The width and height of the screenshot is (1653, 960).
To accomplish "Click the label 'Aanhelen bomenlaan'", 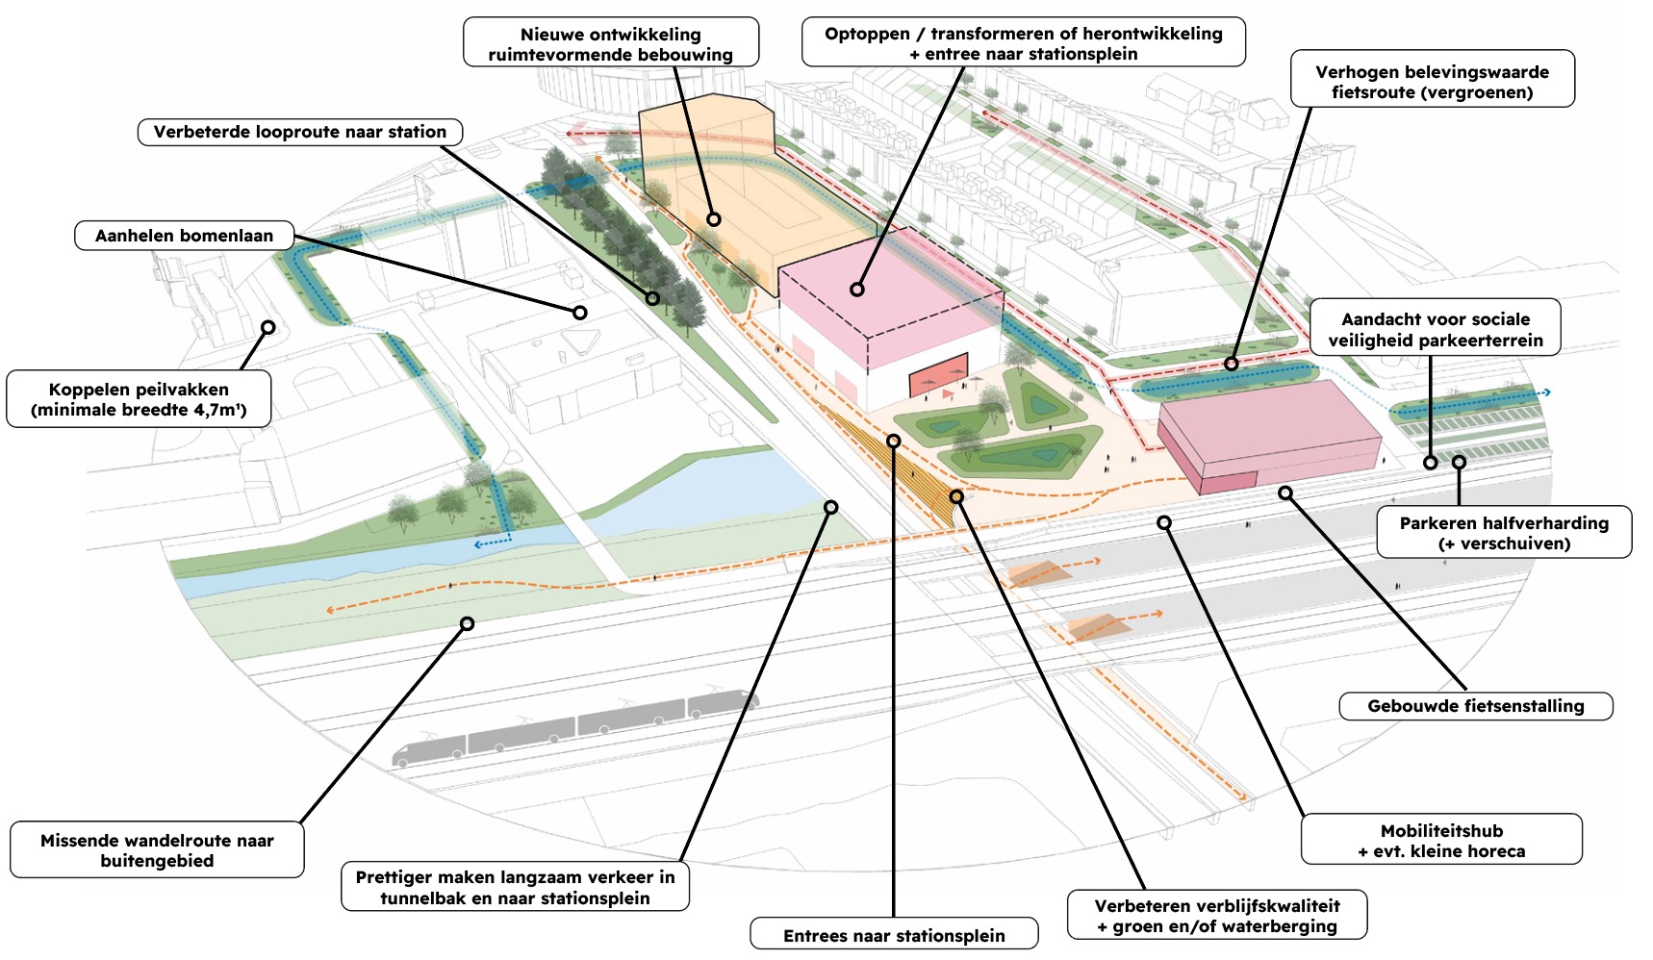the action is point(184,236).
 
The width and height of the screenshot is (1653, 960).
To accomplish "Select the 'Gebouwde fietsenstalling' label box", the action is point(1475,706).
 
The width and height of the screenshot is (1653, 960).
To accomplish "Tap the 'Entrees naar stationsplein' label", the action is point(894,935).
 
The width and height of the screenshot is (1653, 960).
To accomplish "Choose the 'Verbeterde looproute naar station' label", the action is point(299,132).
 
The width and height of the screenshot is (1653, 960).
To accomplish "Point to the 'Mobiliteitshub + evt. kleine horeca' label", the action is point(1441,840).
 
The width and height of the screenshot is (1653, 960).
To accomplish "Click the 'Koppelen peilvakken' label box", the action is point(139,399).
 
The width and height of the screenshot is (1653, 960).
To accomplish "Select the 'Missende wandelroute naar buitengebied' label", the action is point(157,849).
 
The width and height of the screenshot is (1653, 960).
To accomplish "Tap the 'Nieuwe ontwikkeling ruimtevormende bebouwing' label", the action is point(610,43).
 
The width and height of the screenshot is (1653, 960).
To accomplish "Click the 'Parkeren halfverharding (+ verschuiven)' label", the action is point(1504,532).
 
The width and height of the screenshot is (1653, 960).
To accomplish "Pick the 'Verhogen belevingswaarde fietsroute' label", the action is point(1432,81).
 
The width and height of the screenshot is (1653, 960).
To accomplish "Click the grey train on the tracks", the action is point(574,727).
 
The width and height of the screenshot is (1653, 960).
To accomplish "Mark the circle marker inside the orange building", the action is point(713,219).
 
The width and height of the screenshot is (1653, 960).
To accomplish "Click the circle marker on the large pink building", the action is point(856,289).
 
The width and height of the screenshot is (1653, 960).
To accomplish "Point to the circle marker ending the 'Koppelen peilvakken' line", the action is point(268,327).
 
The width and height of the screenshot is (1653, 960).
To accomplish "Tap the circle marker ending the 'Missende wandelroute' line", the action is point(467,623).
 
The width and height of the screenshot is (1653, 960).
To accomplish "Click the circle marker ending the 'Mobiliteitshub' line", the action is point(1164,522).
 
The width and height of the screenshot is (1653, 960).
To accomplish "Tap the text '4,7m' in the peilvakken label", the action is point(216,411).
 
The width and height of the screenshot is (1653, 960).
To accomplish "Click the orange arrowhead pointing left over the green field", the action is point(330,610).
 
